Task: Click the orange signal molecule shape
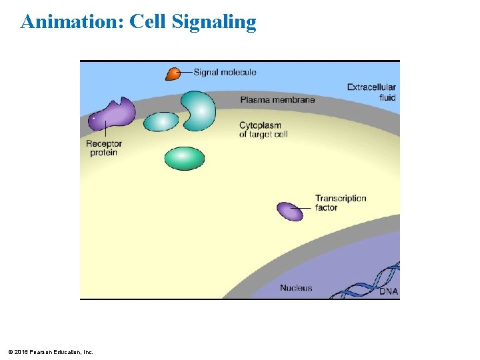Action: click(x=173, y=73)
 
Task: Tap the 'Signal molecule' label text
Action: click(x=225, y=72)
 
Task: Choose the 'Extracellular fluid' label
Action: click(x=371, y=92)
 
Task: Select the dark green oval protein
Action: click(x=185, y=159)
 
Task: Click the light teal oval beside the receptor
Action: click(x=161, y=121)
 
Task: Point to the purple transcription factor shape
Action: click(x=289, y=211)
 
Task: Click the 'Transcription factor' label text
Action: click(x=340, y=203)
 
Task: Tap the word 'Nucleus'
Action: click(x=296, y=288)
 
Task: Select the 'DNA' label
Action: click(x=388, y=291)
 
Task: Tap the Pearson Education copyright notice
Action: click(x=51, y=351)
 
